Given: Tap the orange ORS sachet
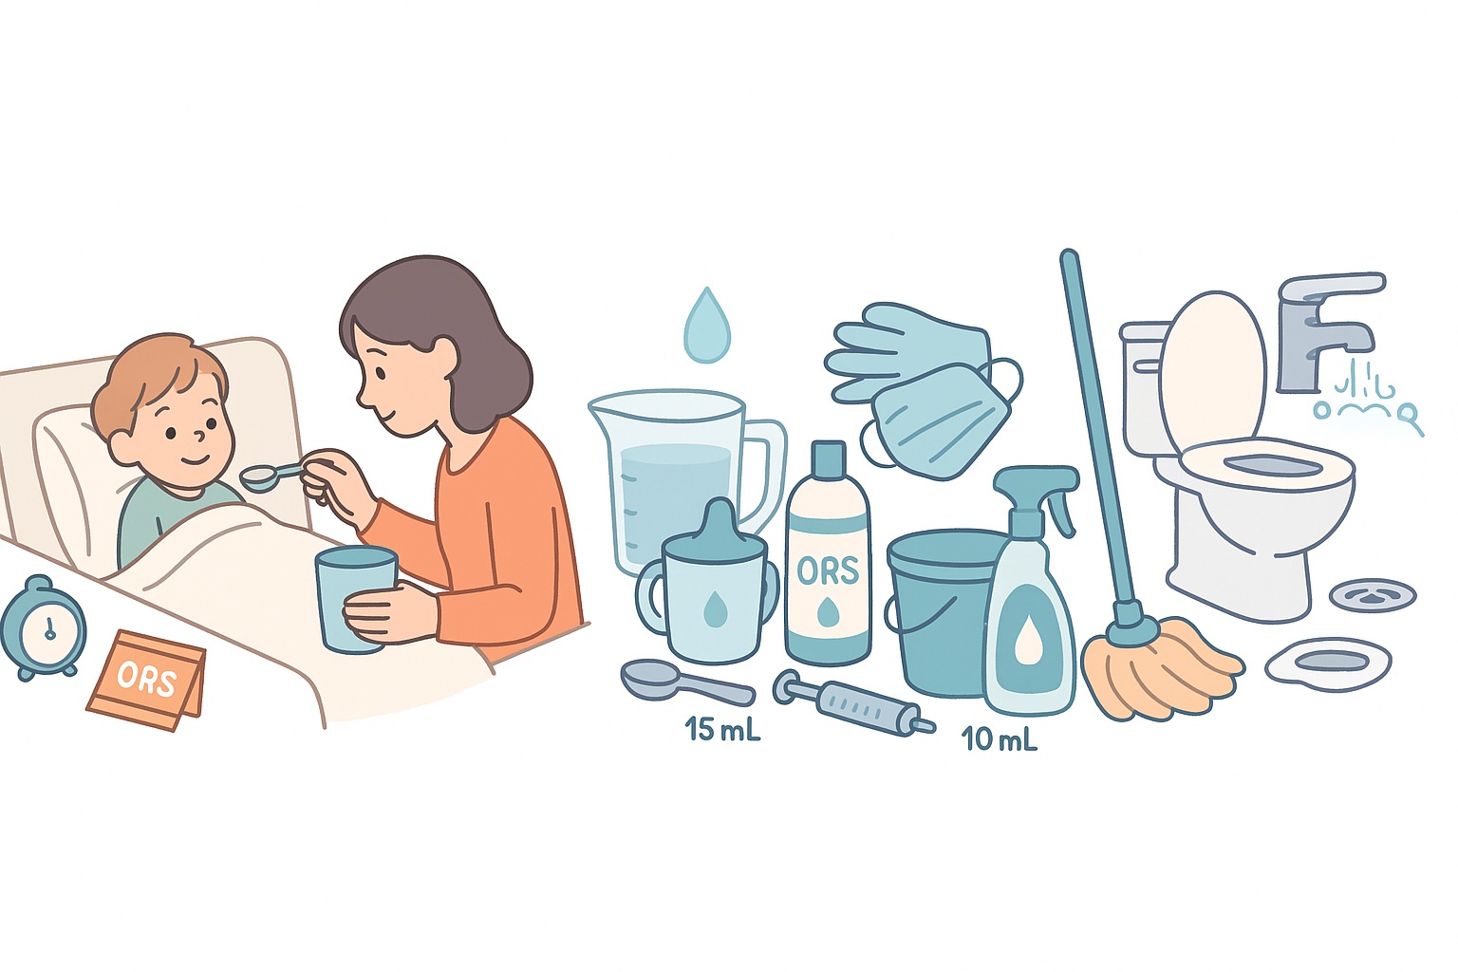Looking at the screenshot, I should tap(146, 679).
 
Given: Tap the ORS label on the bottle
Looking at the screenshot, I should tap(828, 570).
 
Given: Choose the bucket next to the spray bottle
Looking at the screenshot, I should tap(935, 607).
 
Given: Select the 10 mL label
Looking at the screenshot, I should tap(999, 738).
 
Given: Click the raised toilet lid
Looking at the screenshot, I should tap(1213, 365).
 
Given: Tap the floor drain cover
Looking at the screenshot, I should tap(1373, 596).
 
